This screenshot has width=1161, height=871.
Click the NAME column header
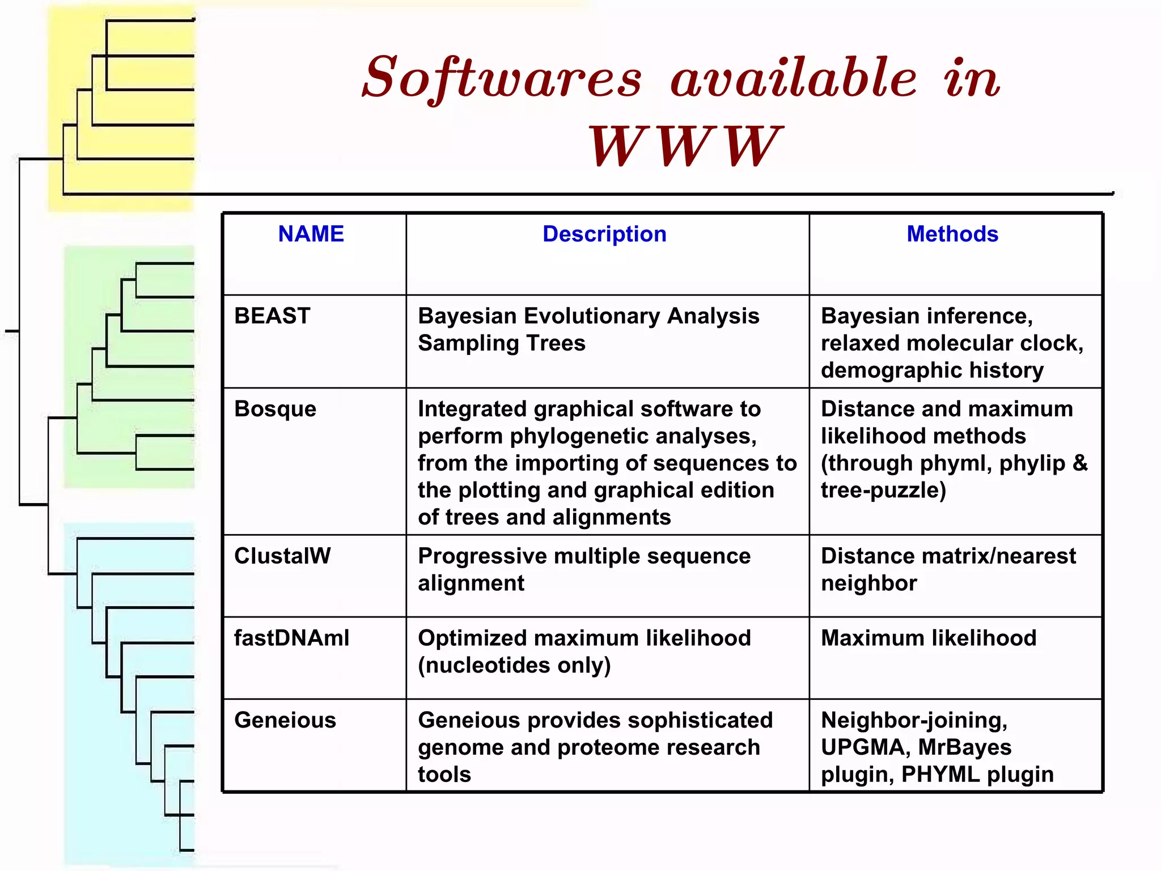[311, 234]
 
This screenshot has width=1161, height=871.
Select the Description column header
[604, 234]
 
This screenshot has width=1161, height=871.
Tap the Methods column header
[952, 234]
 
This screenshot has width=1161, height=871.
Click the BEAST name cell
[272, 316]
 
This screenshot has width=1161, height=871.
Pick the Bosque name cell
[275, 409]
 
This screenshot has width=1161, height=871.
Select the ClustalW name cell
[282, 556]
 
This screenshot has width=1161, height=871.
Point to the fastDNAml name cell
[291, 639]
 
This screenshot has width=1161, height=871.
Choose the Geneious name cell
[285, 720]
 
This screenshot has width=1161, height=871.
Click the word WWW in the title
[685, 146]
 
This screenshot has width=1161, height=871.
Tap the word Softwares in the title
[502, 78]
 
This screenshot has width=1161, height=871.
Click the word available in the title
[794, 78]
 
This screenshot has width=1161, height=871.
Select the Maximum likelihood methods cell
[929, 639]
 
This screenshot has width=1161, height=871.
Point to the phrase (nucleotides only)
[514, 666]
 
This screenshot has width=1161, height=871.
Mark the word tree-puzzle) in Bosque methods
[883, 491]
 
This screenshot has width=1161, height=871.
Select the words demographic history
[932, 370]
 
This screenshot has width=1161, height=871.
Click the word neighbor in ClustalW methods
[868, 584]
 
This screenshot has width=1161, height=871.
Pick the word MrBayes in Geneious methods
[964, 747]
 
